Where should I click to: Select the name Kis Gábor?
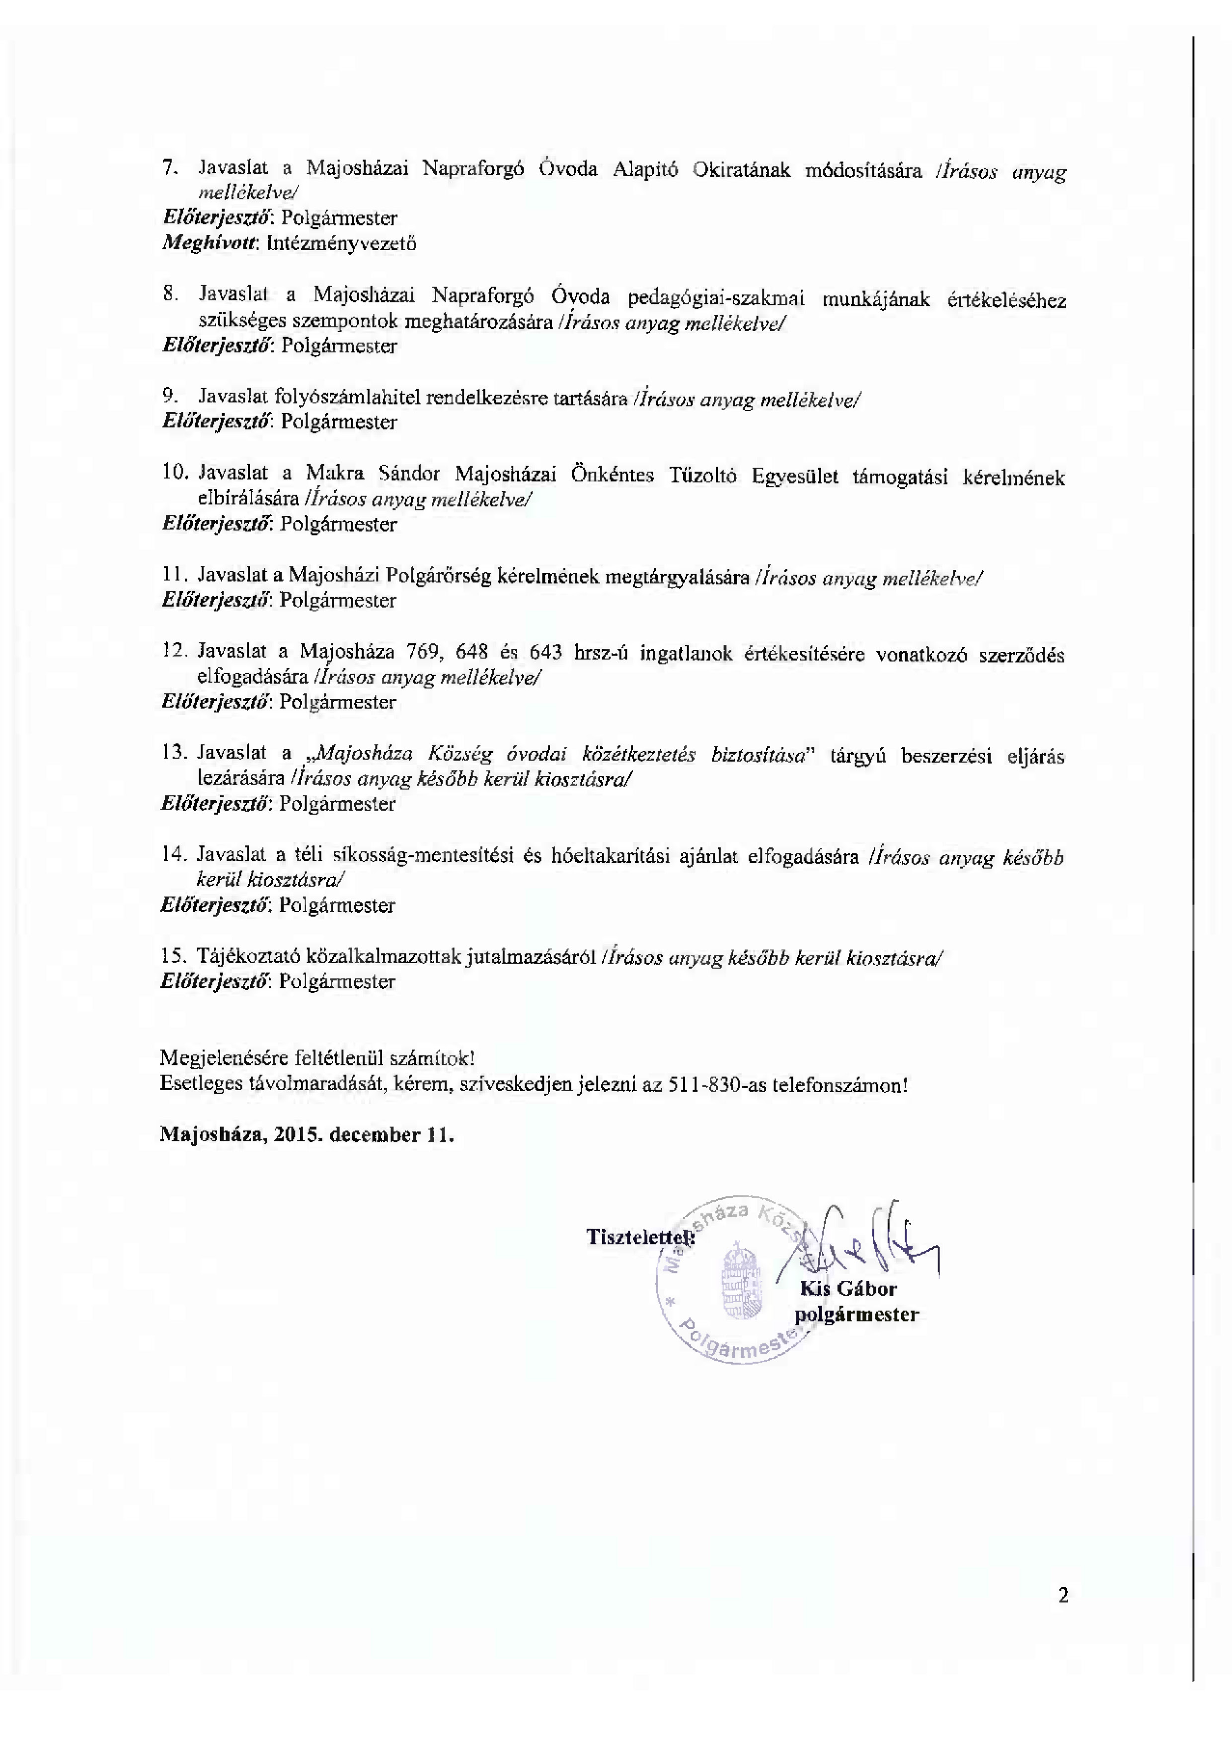848,1289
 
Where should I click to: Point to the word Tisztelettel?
639,1237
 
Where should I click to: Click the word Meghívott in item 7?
211,244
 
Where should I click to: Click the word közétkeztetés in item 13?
638,755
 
